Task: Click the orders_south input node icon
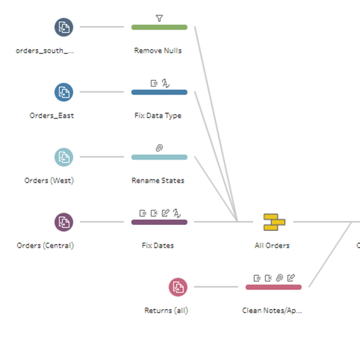[x=64, y=27]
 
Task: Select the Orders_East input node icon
[x=64, y=92]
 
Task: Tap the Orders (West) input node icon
[x=64, y=157]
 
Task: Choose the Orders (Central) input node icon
[x=64, y=222]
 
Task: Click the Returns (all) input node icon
[x=178, y=287]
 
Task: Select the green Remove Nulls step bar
[x=159, y=27]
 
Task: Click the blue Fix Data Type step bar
[x=159, y=92]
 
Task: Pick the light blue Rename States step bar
[x=159, y=157]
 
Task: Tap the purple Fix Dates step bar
[x=159, y=222]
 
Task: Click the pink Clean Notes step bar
[x=273, y=287]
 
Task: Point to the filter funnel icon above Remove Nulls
[x=159, y=18]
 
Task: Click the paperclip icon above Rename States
[x=159, y=148]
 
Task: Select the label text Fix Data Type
[x=158, y=115]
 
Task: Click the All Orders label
[x=272, y=245]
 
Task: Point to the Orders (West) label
[x=49, y=181]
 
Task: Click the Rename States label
[x=158, y=181]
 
